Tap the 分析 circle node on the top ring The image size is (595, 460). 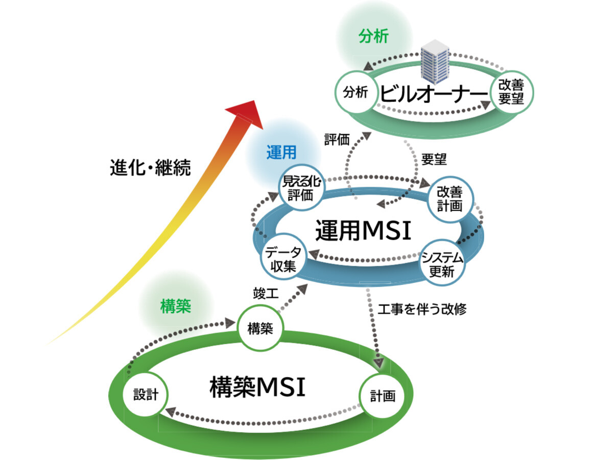(355, 94)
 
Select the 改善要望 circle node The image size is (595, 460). (511, 92)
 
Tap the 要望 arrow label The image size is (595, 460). (434, 159)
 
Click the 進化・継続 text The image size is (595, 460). (150, 168)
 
